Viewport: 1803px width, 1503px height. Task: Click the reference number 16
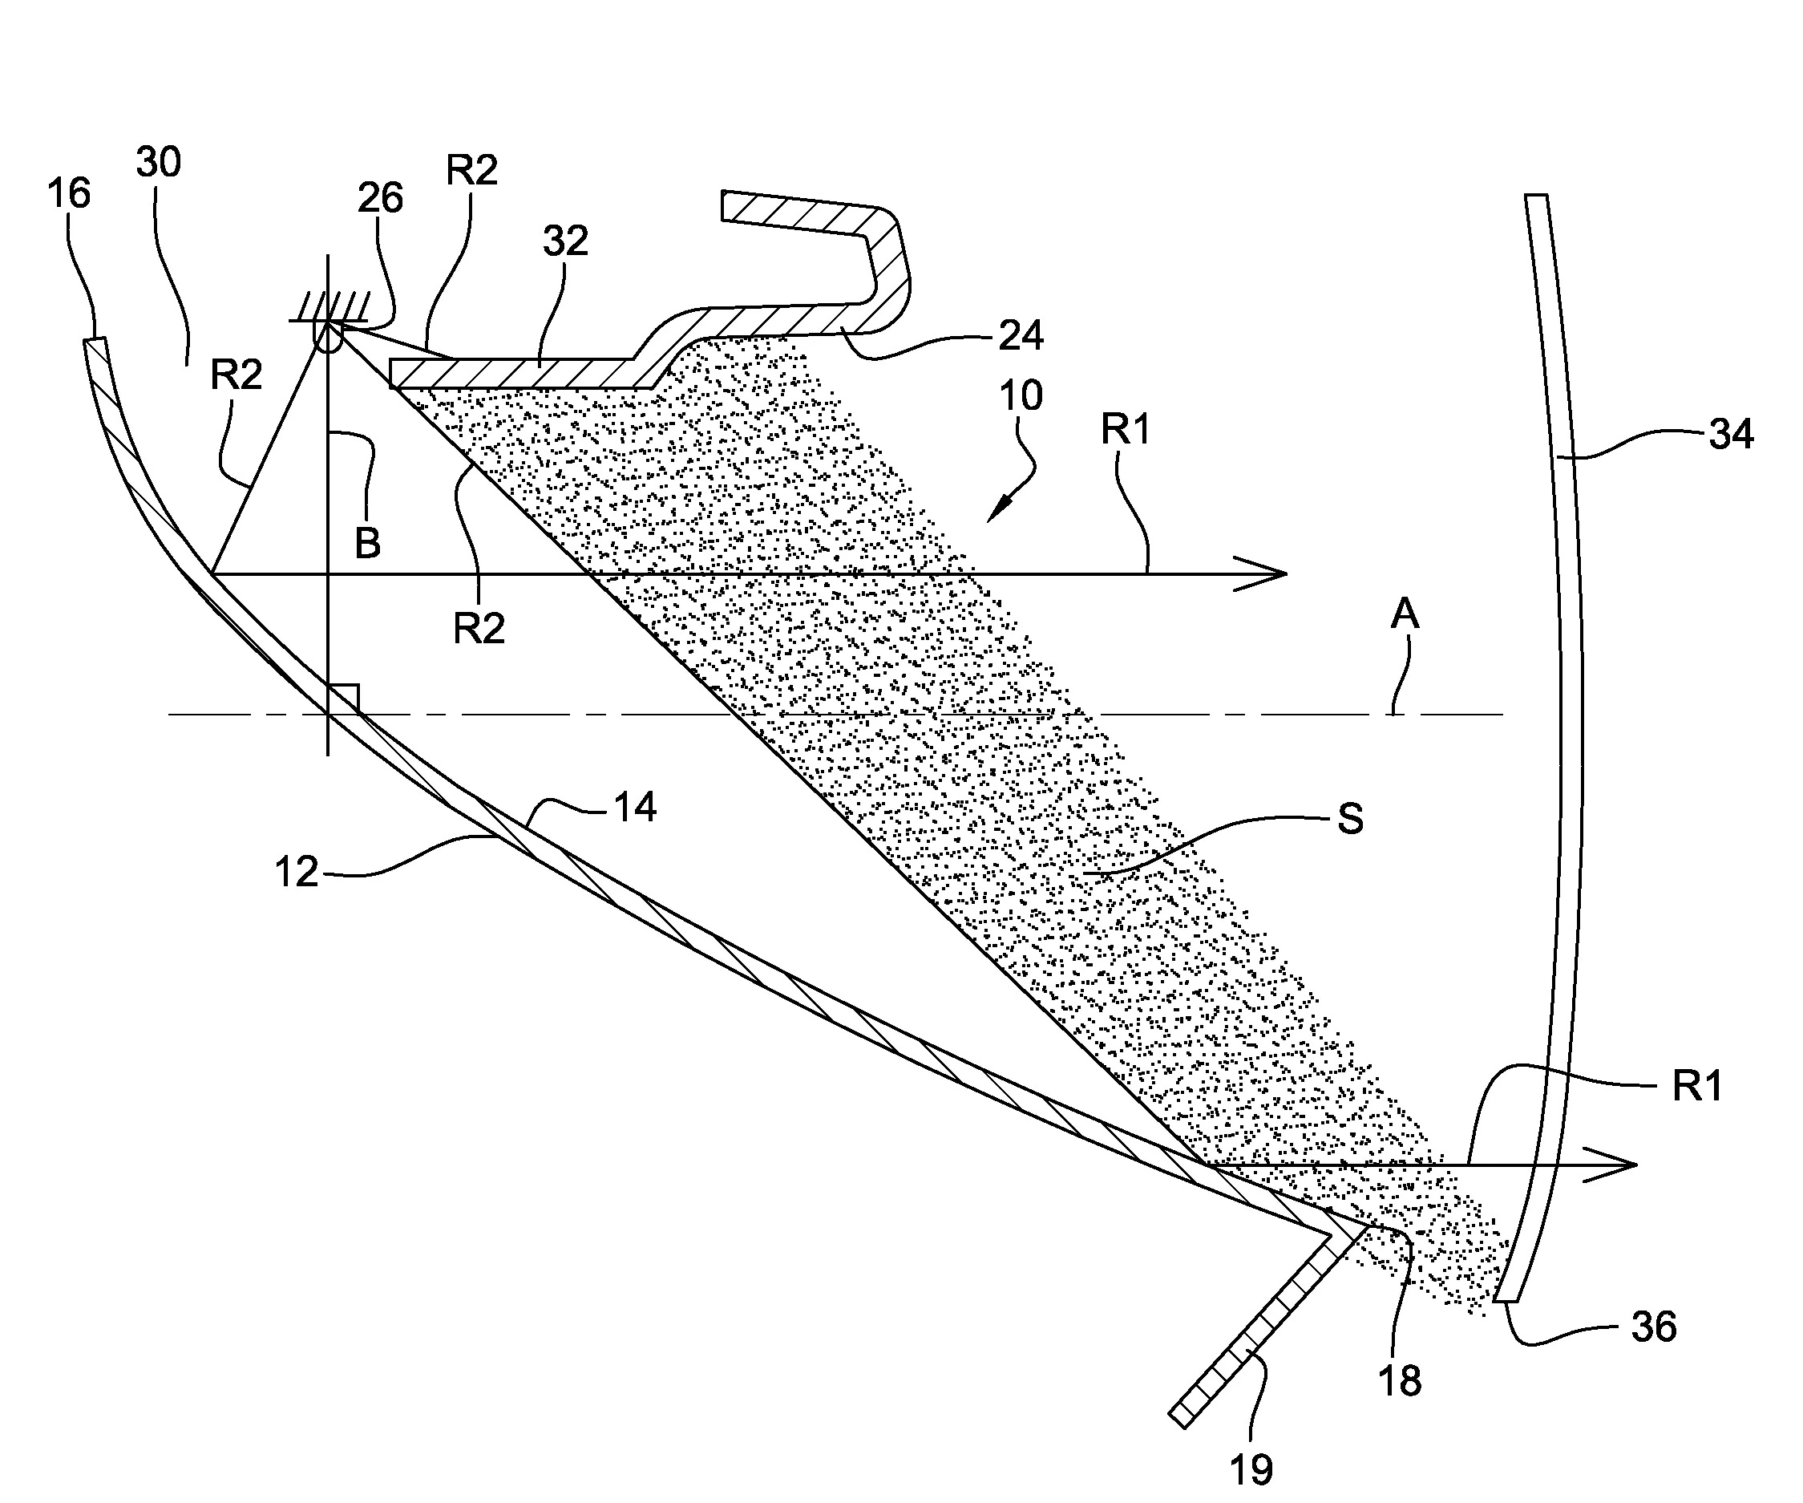[69, 193]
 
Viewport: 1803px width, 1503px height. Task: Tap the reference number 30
[159, 161]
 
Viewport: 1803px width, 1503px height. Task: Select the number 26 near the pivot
[380, 197]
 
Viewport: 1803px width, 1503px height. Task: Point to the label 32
[565, 241]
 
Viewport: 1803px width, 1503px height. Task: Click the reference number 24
[1021, 335]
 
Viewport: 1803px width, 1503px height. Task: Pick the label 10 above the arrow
[1021, 396]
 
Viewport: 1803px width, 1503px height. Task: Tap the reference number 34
[1731, 435]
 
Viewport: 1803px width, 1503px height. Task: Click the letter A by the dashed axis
[1405, 614]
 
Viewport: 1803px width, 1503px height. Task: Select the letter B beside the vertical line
[368, 543]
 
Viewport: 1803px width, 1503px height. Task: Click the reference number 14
[634, 808]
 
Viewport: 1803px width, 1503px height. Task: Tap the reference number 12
[296, 873]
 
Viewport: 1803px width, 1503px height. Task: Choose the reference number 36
[1654, 1327]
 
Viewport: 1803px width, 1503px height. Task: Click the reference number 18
[1400, 1381]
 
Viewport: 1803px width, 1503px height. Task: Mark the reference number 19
[1251, 1470]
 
